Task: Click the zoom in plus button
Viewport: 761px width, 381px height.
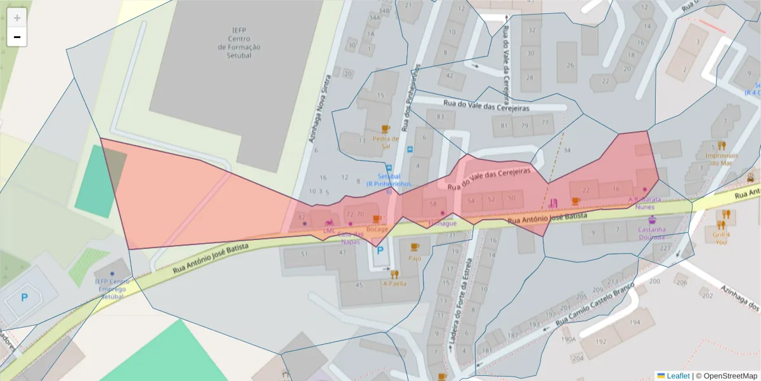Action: [17, 17]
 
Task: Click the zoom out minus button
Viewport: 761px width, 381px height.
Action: [17, 37]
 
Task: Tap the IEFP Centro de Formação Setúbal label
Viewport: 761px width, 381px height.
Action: [238, 43]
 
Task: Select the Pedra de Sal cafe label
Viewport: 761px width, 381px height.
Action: [386, 142]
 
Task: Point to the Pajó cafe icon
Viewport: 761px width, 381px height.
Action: [415, 246]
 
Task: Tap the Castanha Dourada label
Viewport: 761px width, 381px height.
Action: [652, 233]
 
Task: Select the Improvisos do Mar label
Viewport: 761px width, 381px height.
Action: [722, 159]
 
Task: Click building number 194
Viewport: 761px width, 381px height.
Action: [634, 323]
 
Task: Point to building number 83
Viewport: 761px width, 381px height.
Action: [441, 116]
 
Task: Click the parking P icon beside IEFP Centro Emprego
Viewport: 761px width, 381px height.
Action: [24, 297]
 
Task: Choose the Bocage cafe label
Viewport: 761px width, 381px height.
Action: [377, 229]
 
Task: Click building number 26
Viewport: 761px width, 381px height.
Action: [570, 65]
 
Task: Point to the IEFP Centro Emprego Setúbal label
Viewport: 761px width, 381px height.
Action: [112, 289]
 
